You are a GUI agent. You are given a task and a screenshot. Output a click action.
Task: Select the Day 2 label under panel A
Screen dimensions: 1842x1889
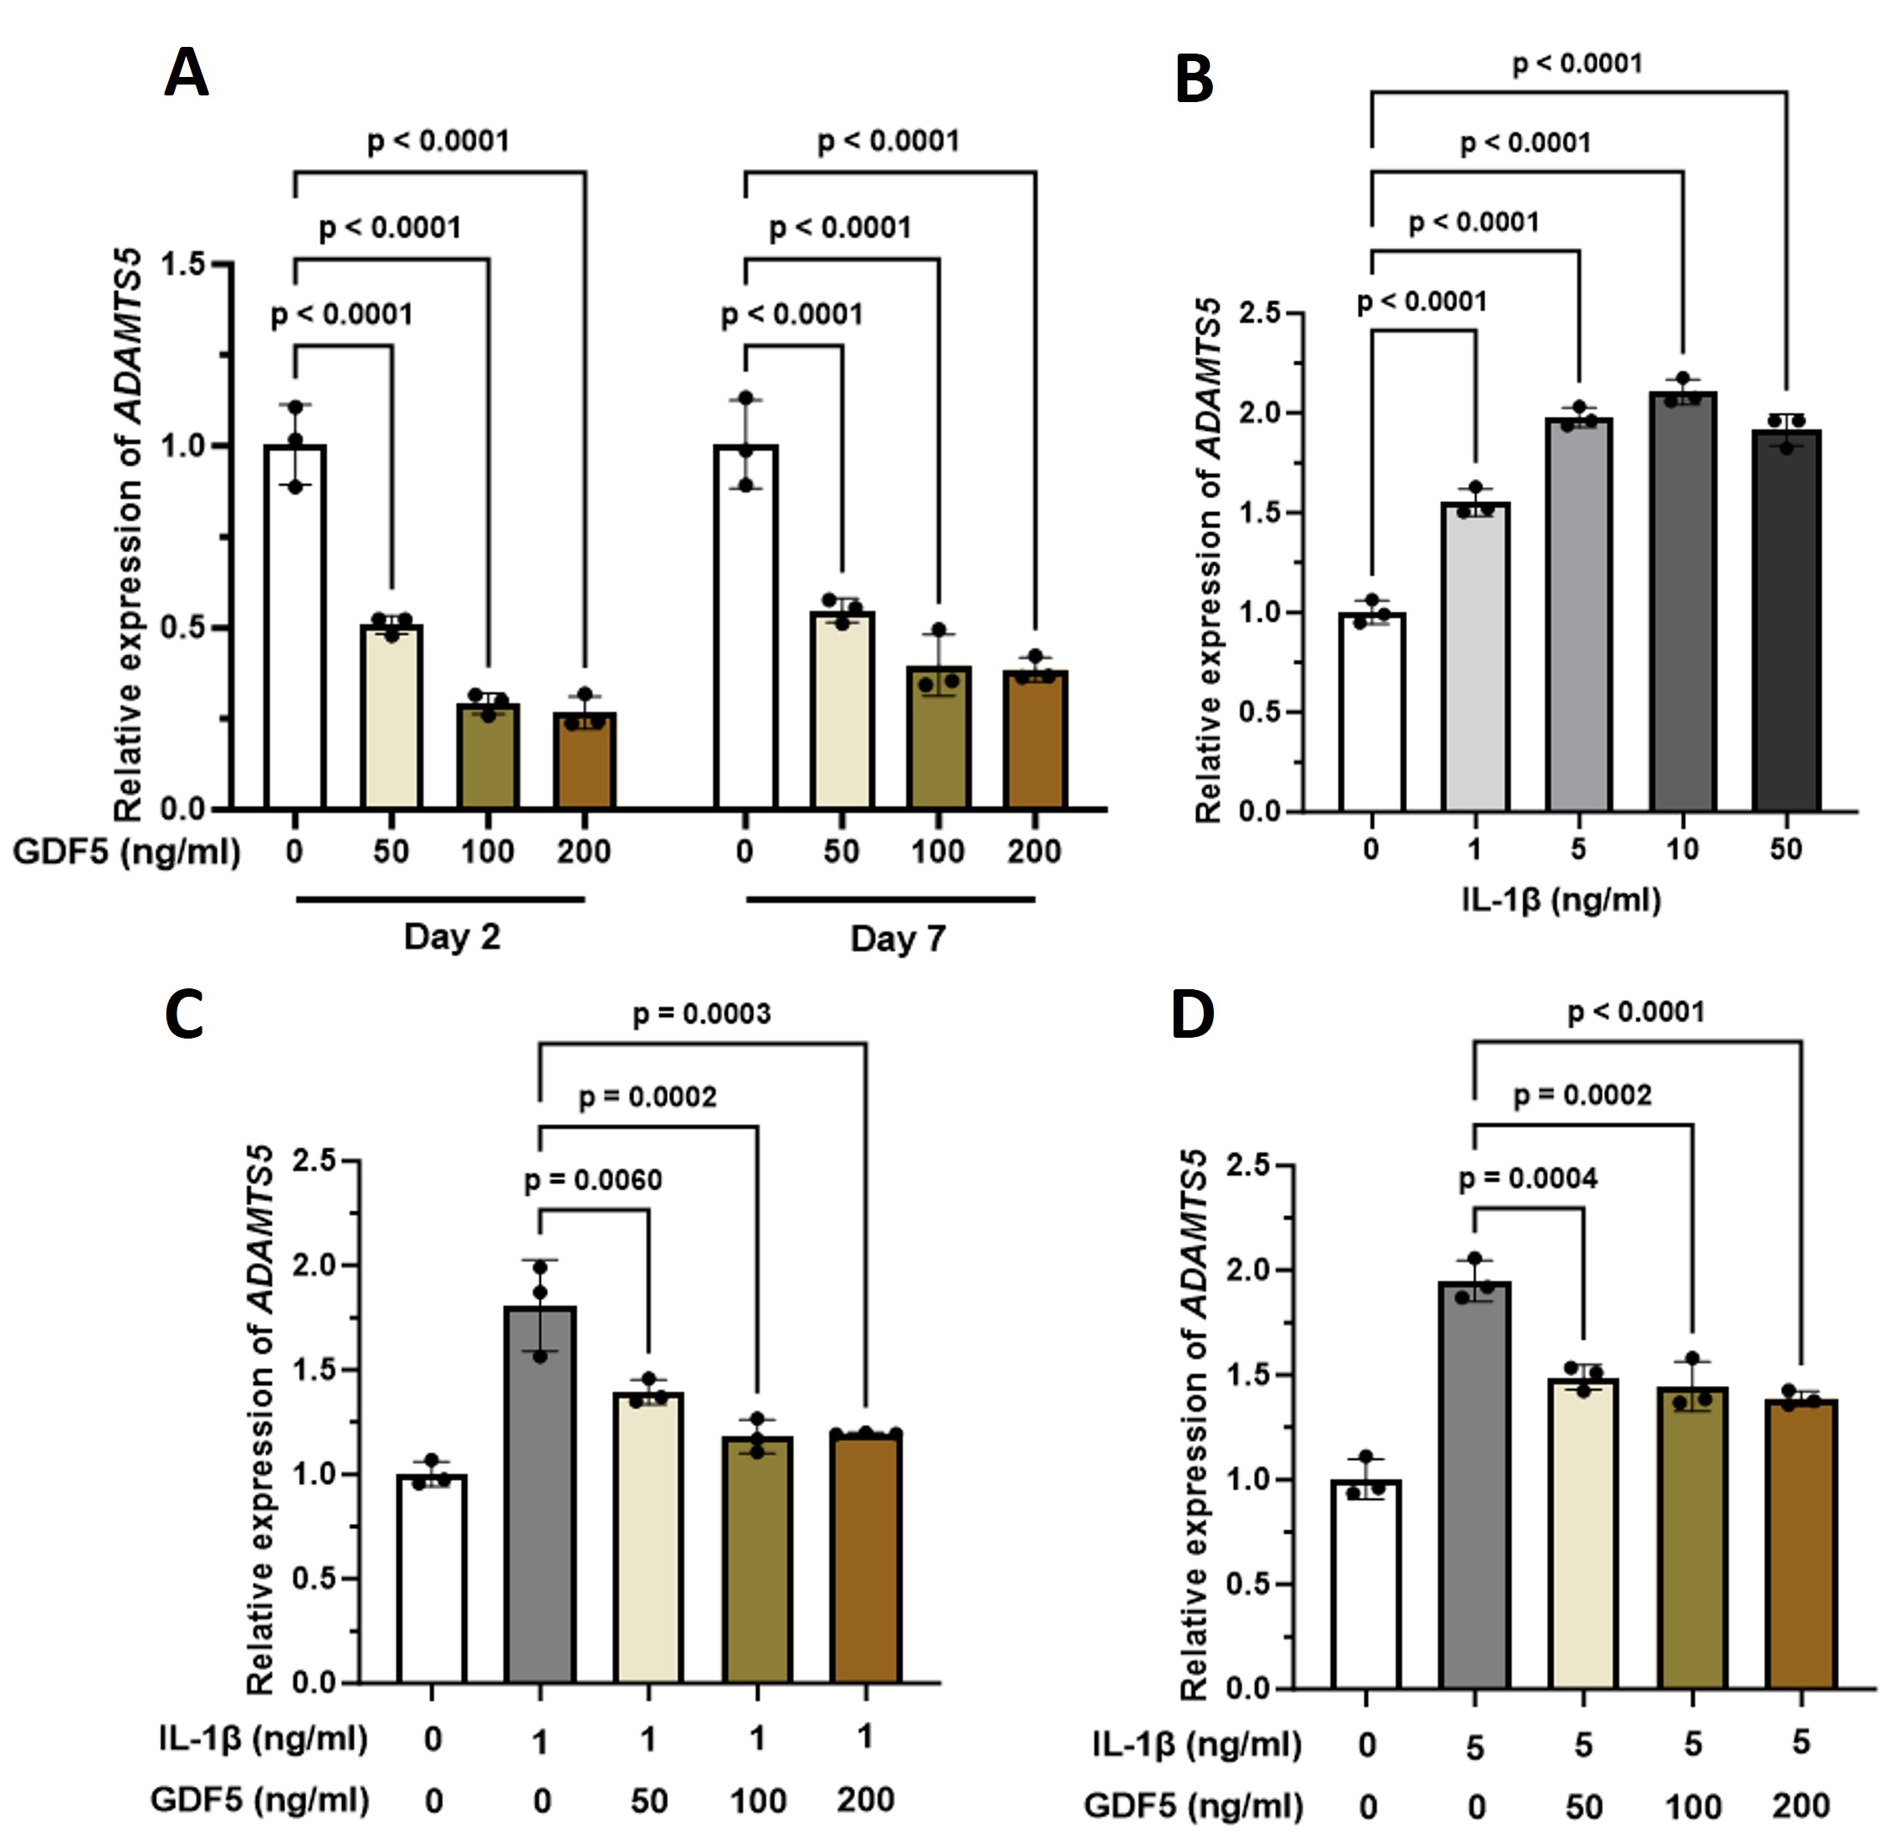pyautogui.click(x=452, y=936)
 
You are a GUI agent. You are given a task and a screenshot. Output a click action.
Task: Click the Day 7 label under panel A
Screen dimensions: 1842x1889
pyautogui.click(x=898, y=938)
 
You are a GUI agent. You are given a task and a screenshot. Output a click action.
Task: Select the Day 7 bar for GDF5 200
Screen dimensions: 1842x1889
pyautogui.click(x=1035, y=740)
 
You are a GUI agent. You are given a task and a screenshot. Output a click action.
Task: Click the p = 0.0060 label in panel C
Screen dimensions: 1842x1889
pyautogui.click(x=593, y=1181)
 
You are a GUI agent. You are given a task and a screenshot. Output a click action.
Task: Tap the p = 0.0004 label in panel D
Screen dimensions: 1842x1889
pyautogui.click(x=1528, y=1178)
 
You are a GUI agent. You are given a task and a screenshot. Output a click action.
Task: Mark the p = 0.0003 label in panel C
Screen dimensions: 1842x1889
pyautogui.click(x=701, y=1013)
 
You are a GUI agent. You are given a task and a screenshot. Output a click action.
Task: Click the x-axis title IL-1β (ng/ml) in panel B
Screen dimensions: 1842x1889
pyautogui.click(x=1561, y=900)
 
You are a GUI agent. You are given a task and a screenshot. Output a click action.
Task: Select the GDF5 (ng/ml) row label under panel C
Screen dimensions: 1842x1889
pyautogui.click(x=259, y=1800)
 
